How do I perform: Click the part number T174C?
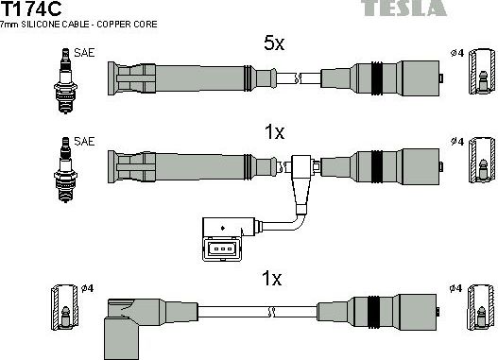tap(30, 9)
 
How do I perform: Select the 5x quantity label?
tap(273, 42)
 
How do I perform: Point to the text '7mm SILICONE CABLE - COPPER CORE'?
tap(79, 24)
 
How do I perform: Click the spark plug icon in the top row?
tap(66, 77)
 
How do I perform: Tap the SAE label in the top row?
tap(85, 54)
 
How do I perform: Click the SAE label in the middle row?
tap(85, 141)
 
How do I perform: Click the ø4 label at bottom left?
tap(85, 287)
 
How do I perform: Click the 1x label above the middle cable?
tap(273, 133)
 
